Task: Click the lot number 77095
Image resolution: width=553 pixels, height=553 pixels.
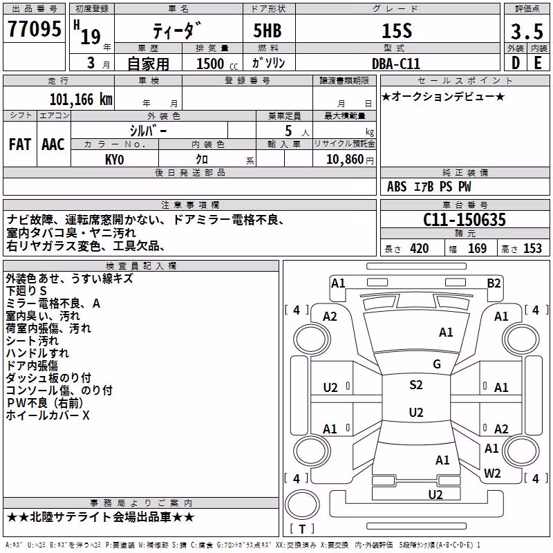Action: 34,29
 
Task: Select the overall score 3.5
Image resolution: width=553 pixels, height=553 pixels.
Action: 527,31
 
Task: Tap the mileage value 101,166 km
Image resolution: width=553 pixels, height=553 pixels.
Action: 81,100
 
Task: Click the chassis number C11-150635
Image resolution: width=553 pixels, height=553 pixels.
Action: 464,220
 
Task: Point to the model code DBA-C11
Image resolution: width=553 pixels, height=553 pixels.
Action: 396,64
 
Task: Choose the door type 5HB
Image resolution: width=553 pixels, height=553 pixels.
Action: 268,30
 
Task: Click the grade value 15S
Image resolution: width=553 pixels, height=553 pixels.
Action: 397,31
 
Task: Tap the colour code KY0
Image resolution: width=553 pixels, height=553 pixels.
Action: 114,160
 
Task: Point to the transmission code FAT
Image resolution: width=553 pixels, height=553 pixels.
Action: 20,144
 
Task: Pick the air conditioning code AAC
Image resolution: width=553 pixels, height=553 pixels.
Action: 53,144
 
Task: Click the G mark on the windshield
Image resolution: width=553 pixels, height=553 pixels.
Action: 437,364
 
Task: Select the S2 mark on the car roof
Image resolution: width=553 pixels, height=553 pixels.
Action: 416,385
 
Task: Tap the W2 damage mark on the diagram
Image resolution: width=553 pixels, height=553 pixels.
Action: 492,473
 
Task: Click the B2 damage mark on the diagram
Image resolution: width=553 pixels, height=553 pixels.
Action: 494,283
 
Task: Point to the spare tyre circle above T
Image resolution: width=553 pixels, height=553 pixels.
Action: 302,505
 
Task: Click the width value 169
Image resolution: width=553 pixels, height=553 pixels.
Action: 477,248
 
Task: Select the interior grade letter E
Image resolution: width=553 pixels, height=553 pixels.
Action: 538,63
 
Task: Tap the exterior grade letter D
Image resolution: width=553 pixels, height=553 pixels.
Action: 516,63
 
